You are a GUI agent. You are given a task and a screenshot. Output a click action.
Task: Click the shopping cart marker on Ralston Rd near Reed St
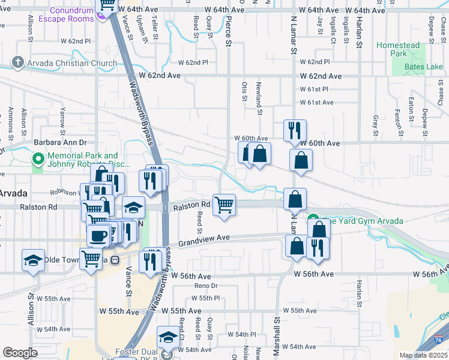(x=224, y=205)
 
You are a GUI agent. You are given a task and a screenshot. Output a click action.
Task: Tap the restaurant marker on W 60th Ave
(x=295, y=130)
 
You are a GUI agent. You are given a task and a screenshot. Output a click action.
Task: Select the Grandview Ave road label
(x=203, y=238)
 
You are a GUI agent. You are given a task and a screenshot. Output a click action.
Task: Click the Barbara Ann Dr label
(x=60, y=143)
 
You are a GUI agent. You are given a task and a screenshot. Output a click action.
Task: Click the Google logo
(x=20, y=353)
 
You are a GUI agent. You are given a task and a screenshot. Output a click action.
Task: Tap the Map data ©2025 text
(x=423, y=355)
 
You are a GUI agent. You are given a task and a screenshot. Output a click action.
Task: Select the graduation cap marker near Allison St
(x=34, y=260)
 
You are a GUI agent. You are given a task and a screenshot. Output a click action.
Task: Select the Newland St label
(x=259, y=98)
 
